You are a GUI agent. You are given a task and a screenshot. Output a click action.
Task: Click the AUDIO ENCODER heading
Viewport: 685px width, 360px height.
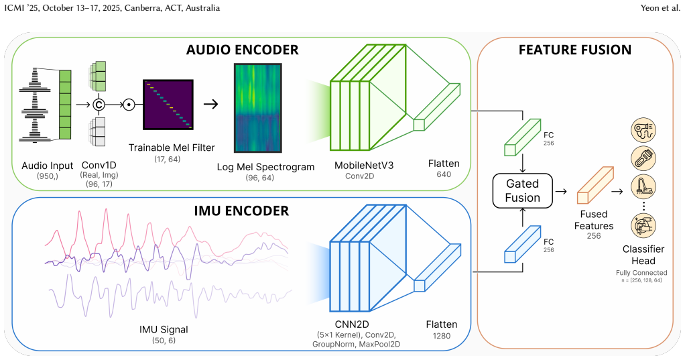click(x=243, y=50)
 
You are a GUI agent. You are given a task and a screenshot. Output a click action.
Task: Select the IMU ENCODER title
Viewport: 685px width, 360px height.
click(x=241, y=211)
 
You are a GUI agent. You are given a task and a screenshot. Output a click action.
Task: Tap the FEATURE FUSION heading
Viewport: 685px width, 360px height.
click(x=575, y=50)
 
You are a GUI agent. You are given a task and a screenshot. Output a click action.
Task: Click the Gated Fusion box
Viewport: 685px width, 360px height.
click(x=523, y=191)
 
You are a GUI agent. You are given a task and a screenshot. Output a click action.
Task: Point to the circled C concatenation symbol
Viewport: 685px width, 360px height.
click(x=99, y=105)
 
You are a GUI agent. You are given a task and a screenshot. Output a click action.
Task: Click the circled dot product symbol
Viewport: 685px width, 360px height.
click(x=129, y=105)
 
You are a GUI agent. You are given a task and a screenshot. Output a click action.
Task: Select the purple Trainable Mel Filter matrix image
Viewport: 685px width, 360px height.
click(x=168, y=105)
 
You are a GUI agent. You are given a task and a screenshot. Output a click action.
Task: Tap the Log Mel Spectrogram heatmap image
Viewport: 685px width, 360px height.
click(x=258, y=108)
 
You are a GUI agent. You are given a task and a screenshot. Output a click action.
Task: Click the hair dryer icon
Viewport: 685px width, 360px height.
click(x=643, y=130)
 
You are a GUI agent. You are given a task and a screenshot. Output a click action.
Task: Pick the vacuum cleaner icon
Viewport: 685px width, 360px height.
click(x=643, y=186)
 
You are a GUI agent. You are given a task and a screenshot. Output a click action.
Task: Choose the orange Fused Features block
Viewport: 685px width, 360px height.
click(x=595, y=185)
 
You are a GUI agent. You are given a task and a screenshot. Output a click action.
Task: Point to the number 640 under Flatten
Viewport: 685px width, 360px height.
click(x=444, y=174)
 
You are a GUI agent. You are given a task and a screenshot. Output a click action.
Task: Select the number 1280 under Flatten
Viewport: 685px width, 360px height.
click(x=442, y=336)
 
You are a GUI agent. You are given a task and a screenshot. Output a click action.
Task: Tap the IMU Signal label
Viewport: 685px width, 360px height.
click(x=164, y=330)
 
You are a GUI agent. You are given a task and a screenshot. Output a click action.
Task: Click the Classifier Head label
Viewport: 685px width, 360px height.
click(x=643, y=255)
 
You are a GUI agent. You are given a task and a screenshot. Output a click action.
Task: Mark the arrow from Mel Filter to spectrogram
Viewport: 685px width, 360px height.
click(x=210, y=104)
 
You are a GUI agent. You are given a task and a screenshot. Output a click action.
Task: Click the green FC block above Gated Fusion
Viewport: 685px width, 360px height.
click(x=523, y=137)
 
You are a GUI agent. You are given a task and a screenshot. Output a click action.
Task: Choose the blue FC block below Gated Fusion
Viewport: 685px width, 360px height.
click(x=523, y=244)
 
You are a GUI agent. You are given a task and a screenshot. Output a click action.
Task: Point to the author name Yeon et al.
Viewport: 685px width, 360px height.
click(x=660, y=8)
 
